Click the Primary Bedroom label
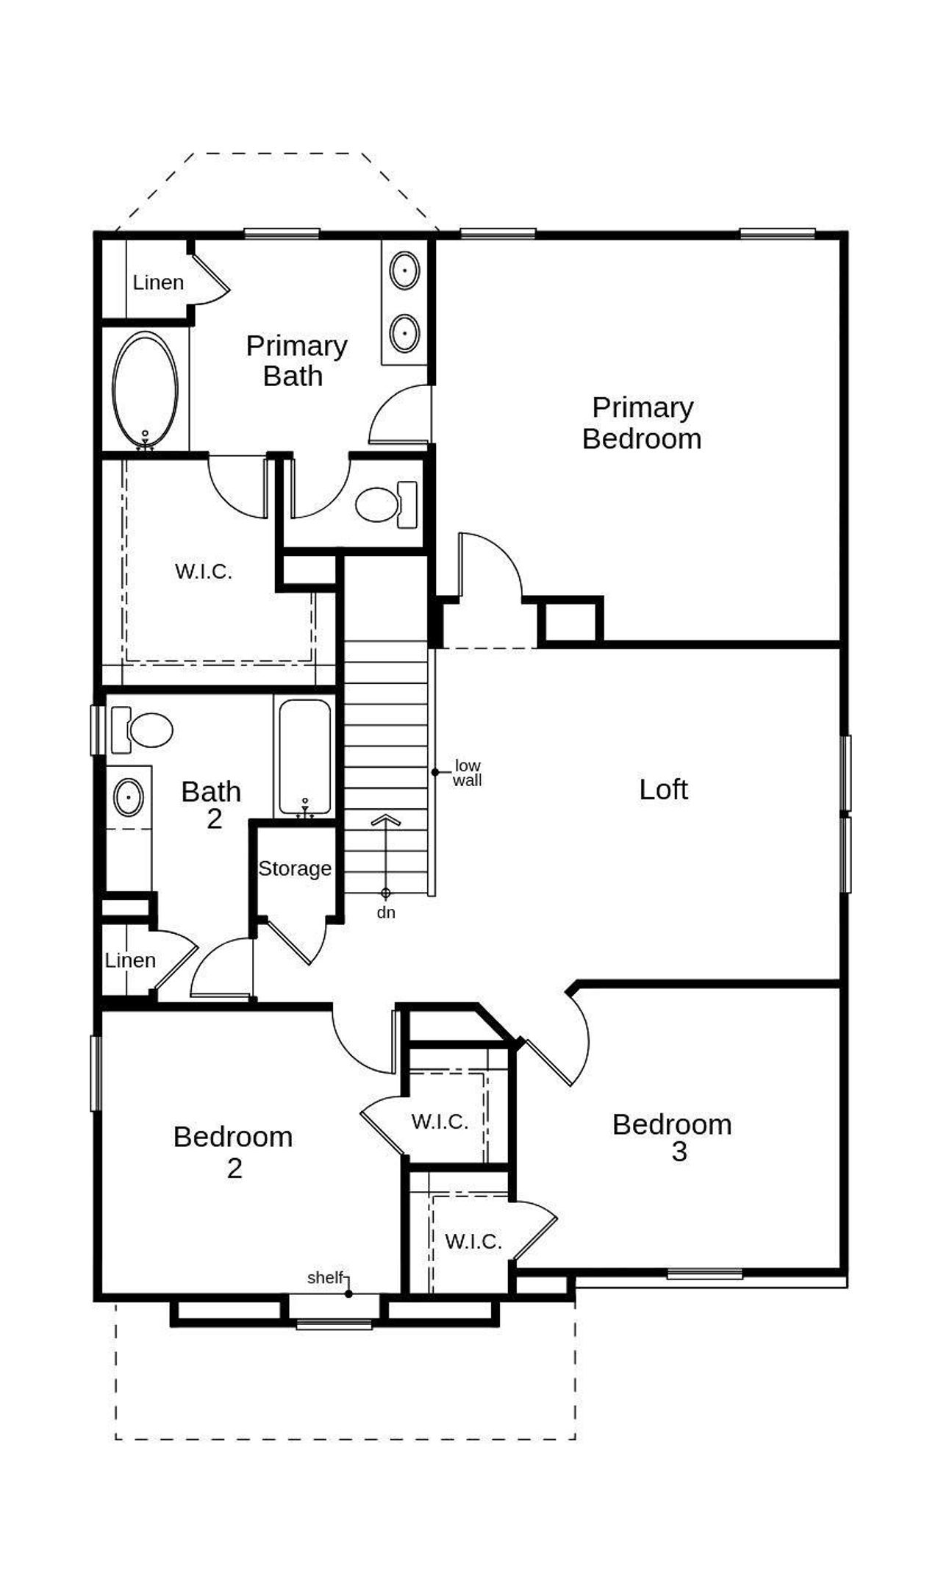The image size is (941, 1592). [x=642, y=423]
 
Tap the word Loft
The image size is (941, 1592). [x=663, y=790]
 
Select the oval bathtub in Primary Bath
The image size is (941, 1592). [x=145, y=390]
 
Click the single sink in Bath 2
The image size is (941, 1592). [x=129, y=797]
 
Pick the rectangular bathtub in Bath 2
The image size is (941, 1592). [x=304, y=757]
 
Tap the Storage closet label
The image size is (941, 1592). [x=295, y=868]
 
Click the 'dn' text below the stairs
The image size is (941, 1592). [x=386, y=913]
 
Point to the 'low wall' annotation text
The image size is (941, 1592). [x=467, y=773]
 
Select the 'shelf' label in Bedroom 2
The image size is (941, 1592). [x=325, y=1277]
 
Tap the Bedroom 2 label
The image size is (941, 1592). [x=233, y=1152]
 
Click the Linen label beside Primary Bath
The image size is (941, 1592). [x=158, y=282]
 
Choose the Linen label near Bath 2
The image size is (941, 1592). [x=130, y=960]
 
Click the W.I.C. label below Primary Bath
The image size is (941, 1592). [x=204, y=571]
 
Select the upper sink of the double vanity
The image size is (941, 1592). [x=404, y=271]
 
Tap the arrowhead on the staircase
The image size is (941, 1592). [x=385, y=820]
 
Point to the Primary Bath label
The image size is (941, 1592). [x=296, y=360]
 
